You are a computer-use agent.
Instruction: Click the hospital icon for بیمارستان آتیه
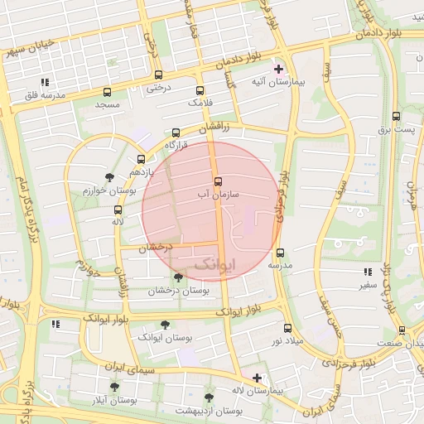tap(278, 70)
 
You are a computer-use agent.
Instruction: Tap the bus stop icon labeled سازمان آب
tap(218, 181)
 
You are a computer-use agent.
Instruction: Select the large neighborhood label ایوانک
tap(214, 264)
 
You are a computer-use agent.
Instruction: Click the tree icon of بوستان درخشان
tap(179, 278)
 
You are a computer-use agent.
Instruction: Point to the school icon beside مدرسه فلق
tap(45, 82)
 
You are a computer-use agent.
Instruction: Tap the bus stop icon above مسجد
tap(108, 92)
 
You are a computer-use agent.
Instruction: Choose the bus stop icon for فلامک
tap(200, 90)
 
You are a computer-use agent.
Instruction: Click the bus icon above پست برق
tap(395, 117)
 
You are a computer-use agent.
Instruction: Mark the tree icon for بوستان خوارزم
tap(109, 177)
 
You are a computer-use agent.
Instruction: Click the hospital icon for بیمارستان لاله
tap(257, 377)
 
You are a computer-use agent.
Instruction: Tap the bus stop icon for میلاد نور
tap(287, 329)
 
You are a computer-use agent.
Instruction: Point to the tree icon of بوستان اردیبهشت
tap(209, 397)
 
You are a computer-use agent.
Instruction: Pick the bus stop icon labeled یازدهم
tap(141, 159)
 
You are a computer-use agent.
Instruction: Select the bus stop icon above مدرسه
tap(280, 253)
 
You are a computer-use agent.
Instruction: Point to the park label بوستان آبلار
tap(114, 399)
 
